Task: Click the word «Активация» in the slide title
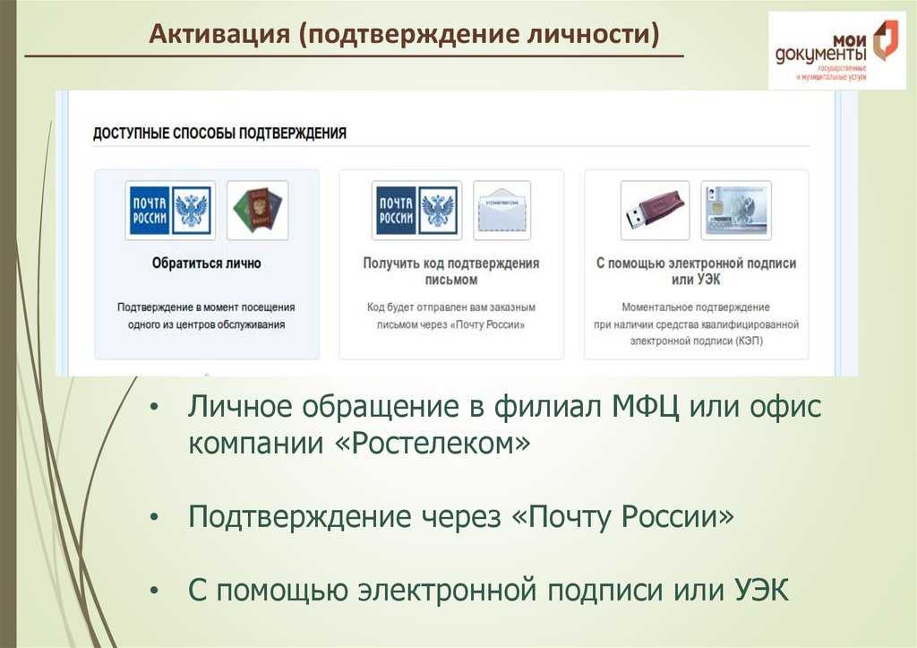pyautogui.click(x=219, y=33)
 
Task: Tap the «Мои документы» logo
pyautogui.click(x=837, y=51)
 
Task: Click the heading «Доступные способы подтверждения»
pyautogui.click(x=220, y=134)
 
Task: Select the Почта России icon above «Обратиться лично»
pyautogui.click(x=170, y=210)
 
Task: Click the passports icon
pyautogui.click(x=257, y=210)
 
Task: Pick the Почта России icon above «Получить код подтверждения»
pyautogui.click(x=416, y=210)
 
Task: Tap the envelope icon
pyautogui.click(x=501, y=210)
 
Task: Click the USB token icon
pyautogui.click(x=655, y=210)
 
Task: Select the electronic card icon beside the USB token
pyautogui.click(x=736, y=210)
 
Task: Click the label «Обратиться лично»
pyautogui.click(x=207, y=264)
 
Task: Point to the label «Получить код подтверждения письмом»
pyautogui.click(x=451, y=272)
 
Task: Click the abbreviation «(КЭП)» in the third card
pyautogui.click(x=750, y=341)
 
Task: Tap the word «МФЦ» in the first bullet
pyautogui.click(x=645, y=406)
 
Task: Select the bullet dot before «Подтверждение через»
pyautogui.click(x=154, y=517)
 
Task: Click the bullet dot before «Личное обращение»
pyautogui.click(x=154, y=408)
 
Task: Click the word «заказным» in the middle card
pyautogui.click(x=513, y=307)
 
